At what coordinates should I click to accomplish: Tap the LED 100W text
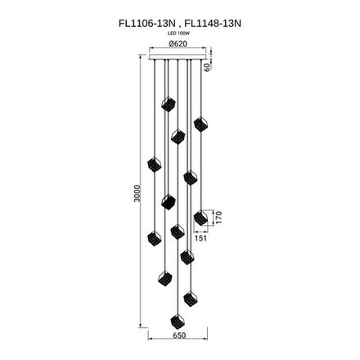[178, 36]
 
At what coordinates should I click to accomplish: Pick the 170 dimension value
[218, 216]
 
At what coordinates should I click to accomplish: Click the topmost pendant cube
[168, 103]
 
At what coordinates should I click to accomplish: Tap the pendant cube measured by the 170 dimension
[200, 217]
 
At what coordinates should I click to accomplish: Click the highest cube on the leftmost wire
[152, 165]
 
